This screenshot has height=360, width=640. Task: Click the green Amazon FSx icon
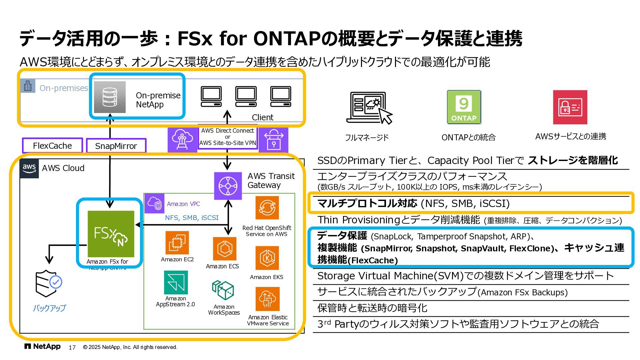(111, 234)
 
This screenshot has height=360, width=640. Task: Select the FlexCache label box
(52, 146)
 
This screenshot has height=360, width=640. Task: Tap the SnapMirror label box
(116, 146)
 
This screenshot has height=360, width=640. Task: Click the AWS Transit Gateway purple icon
(228, 186)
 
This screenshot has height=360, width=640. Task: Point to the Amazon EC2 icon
(177, 243)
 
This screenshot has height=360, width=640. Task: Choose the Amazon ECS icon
(224, 249)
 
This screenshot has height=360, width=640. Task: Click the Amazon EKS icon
(267, 258)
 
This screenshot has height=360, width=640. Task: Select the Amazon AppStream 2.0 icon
(176, 282)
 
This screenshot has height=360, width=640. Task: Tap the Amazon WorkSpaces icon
(223, 290)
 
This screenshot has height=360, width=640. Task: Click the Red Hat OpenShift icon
(267, 208)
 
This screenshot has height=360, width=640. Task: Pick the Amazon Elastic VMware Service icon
(267, 299)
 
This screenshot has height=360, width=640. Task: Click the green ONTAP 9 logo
(464, 107)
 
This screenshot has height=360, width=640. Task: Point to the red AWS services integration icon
(570, 107)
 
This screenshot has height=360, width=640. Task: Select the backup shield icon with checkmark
(49, 283)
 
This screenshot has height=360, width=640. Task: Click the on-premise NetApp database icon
(110, 97)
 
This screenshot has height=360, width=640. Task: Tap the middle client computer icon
(246, 96)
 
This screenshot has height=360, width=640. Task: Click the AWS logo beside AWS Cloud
(29, 168)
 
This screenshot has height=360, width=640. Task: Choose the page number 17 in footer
(72, 347)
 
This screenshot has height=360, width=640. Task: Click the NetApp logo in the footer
(42, 347)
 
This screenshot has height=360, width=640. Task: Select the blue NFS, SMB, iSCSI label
(192, 218)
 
